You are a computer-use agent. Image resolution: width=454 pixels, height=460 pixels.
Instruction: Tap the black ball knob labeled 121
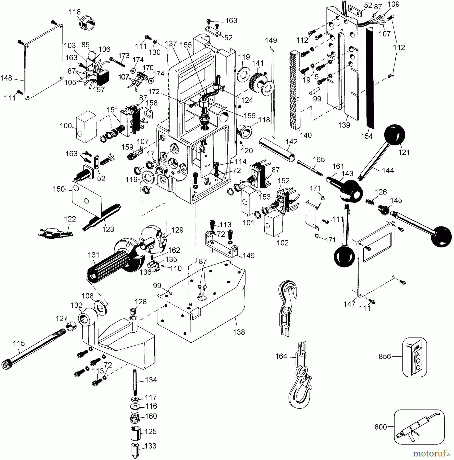click(395, 135)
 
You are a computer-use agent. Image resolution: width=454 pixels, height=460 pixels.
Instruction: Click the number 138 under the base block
click(239, 332)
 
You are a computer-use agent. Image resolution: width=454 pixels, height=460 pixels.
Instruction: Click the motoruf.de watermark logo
click(432, 453)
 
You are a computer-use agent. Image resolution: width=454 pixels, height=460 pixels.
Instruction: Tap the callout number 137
click(171, 44)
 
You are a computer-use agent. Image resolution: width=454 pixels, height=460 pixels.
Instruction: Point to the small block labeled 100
click(86, 127)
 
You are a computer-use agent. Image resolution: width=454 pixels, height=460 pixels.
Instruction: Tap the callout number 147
click(349, 304)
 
